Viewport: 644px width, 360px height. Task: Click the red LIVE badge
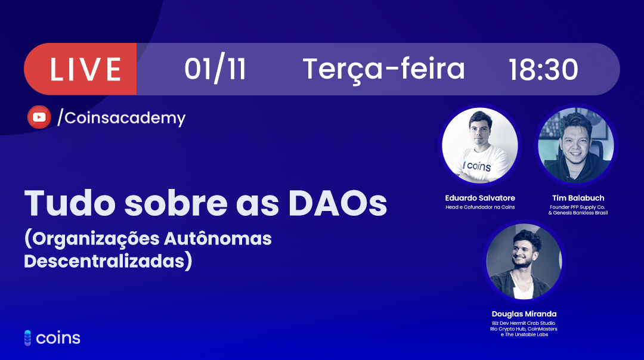click(x=80, y=69)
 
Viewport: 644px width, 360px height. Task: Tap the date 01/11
click(x=215, y=69)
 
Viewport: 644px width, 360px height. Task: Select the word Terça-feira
click(x=383, y=69)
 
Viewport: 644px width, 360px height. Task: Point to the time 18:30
click(x=543, y=69)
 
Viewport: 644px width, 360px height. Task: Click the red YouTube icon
click(x=39, y=117)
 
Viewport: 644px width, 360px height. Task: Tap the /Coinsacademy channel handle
click(x=121, y=118)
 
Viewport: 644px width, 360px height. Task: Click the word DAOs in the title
click(x=338, y=203)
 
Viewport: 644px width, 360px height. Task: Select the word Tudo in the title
click(x=70, y=203)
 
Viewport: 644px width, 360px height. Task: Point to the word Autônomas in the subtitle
click(x=218, y=238)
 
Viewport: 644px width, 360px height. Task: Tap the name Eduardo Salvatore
click(x=479, y=198)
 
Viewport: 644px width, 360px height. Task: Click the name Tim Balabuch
click(x=578, y=198)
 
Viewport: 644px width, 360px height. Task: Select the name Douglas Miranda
click(x=524, y=314)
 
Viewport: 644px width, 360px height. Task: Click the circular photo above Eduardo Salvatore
click(x=479, y=145)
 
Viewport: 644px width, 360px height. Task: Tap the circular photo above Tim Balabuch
click(x=576, y=145)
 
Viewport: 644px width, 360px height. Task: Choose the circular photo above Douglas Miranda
click(x=524, y=262)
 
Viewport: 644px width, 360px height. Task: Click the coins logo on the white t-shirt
click(x=477, y=166)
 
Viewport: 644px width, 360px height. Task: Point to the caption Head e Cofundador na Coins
click(x=479, y=207)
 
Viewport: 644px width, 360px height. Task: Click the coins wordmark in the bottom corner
click(x=52, y=338)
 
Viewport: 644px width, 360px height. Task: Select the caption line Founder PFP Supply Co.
click(x=577, y=207)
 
